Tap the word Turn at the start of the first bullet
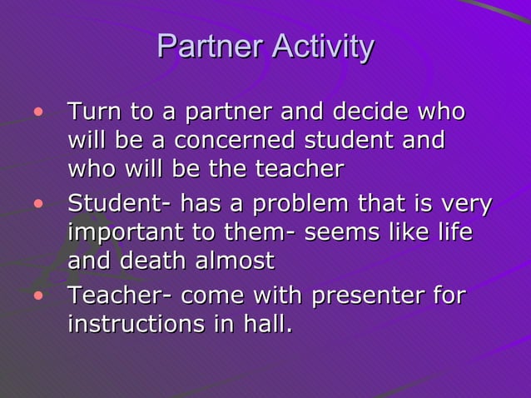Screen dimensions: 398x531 93,112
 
